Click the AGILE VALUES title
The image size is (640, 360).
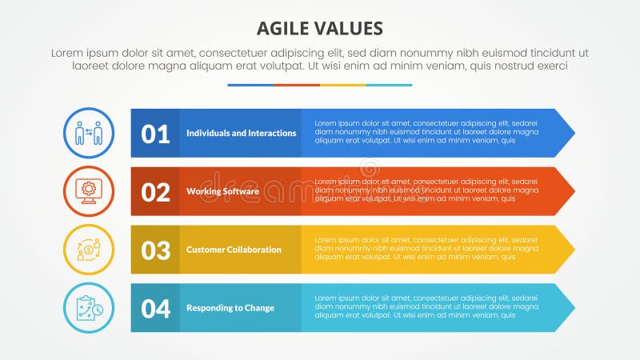click(x=320, y=29)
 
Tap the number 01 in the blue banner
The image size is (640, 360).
click(x=155, y=134)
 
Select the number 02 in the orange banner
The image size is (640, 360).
click(x=155, y=192)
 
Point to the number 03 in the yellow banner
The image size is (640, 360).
click(x=155, y=250)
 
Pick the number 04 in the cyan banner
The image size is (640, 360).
click(x=155, y=308)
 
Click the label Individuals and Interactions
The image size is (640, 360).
click(x=241, y=133)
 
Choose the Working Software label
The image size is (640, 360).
click(x=222, y=191)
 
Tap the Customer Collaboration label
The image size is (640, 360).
click(x=234, y=250)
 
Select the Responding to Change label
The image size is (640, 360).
click(x=230, y=308)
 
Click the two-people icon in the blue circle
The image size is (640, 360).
click(x=88, y=133)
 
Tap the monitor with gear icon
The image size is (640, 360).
click(x=88, y=191)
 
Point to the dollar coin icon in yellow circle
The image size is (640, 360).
click(x=88, y=250)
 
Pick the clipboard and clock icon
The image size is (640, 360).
click(x=88, y=308)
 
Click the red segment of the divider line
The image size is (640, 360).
click(x=297, y=85)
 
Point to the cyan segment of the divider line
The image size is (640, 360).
click(x=390, y=85)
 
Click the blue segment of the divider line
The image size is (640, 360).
click(x=250, y=85)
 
